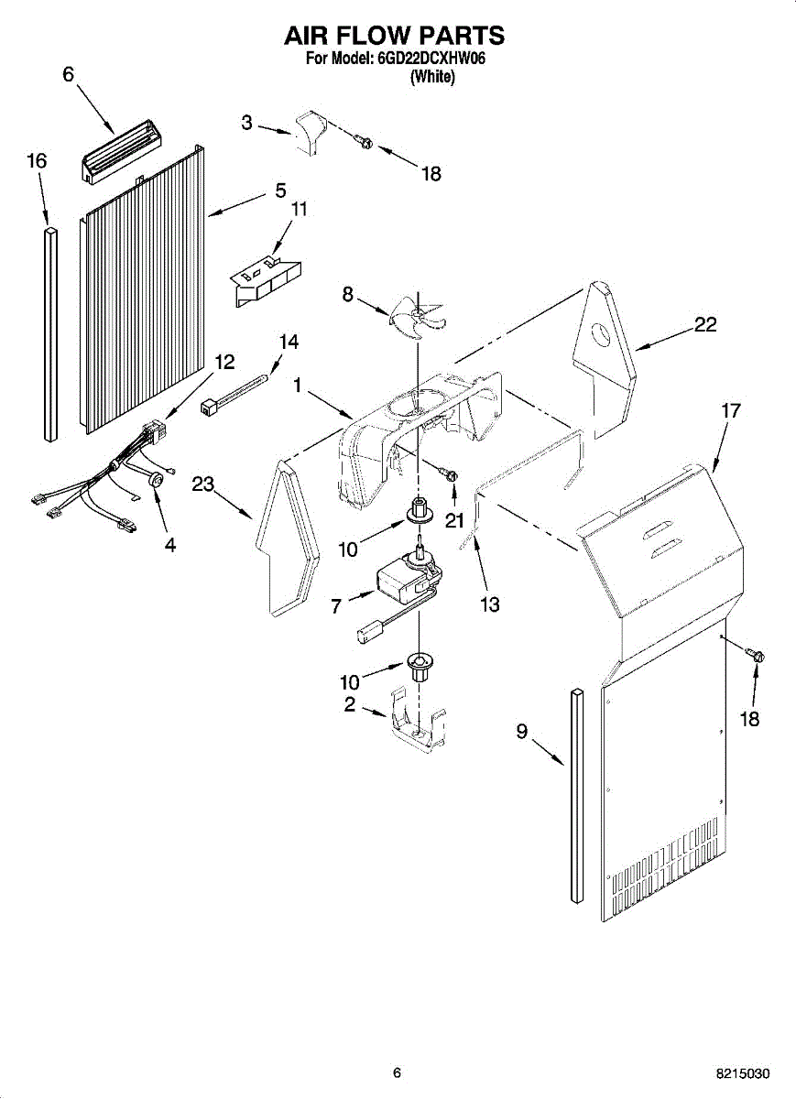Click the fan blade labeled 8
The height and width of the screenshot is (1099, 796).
418,318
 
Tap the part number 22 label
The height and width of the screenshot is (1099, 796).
704,324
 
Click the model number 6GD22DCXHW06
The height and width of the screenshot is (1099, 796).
431,60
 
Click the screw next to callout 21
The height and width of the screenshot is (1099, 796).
449,473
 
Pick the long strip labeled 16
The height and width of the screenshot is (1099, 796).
50,333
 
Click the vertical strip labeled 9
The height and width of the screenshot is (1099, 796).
577,796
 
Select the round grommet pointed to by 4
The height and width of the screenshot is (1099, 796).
156,480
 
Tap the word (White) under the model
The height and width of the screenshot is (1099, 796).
431,77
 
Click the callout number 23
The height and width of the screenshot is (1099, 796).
202,484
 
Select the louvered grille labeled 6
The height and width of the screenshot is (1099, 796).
121,158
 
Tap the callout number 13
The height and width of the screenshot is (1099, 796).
489,604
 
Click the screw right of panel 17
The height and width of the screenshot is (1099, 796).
756,654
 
